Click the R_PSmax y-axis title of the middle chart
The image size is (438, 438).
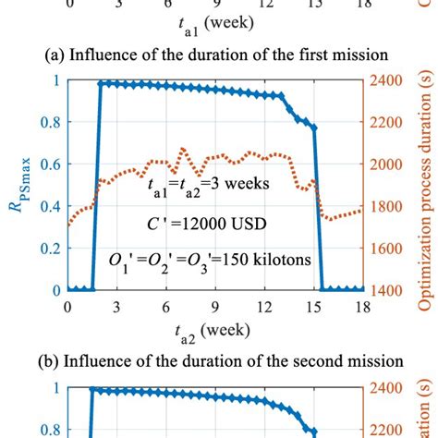(x=20, y=185)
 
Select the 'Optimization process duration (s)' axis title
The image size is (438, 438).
(x=427, y=185)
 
